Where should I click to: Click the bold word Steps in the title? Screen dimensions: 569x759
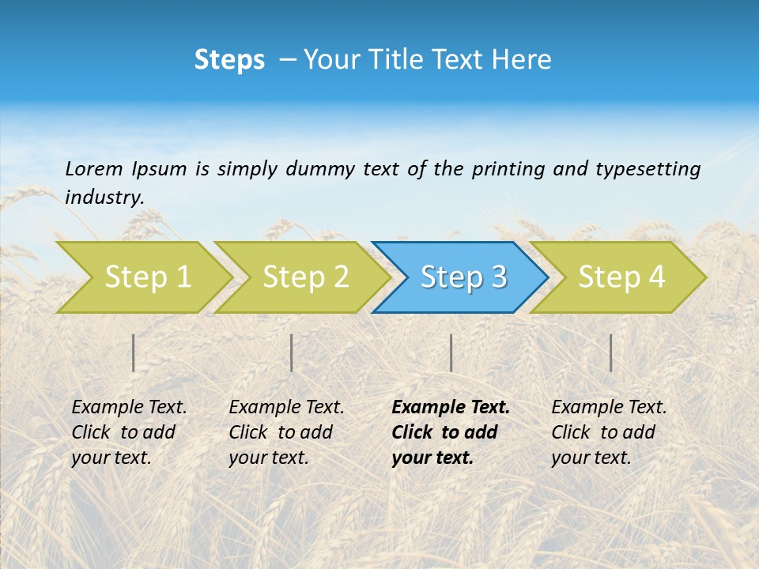pyautogui.click(x=229, y=60)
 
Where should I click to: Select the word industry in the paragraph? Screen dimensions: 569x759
pyautogui.click(x=104, y=198)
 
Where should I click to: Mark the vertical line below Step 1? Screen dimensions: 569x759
pyautogui.click(x=134, y=352)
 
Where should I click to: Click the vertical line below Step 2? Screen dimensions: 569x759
pyautogui.click(x=292, y=352)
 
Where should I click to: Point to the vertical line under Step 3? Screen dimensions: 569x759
pyautogui.click(x=451, y=352)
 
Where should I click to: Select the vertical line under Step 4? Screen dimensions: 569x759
pyautogui.click(x=610, y=352)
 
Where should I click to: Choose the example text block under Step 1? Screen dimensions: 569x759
pyautogui.click(x=129, y=432)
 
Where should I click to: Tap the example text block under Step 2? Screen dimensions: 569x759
pyautogui.click(x=286, y=432)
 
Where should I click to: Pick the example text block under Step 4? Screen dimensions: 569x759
pyautogui.click(x=609, y=432)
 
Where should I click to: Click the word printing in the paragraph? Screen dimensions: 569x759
pyautogui.click(x=504, y=168)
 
